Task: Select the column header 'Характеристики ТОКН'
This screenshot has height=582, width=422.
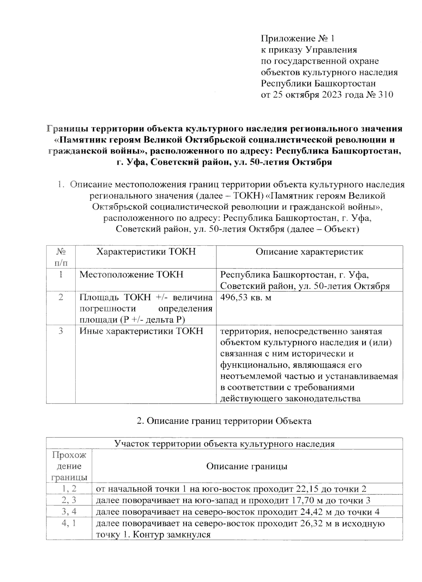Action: point(146,252)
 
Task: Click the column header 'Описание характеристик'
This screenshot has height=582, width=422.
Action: point(309,252)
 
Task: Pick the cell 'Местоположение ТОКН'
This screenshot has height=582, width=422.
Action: point(132,274)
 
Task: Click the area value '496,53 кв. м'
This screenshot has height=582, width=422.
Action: point(246,297)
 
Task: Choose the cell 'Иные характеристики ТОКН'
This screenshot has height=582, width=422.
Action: point(141,331)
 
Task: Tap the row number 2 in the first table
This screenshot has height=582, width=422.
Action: point(60,297)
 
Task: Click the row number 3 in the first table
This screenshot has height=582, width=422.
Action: point(60,331)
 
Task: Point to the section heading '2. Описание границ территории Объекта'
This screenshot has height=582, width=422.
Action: point(224,421)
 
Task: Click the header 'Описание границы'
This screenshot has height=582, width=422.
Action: point(247,466)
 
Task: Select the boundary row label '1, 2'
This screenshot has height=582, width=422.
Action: point(69,489)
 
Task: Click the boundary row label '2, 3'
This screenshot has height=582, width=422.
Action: point(69,500)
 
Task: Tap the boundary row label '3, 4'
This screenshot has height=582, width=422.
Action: point(69,512)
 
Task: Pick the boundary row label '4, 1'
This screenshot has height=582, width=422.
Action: point(69,523)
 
